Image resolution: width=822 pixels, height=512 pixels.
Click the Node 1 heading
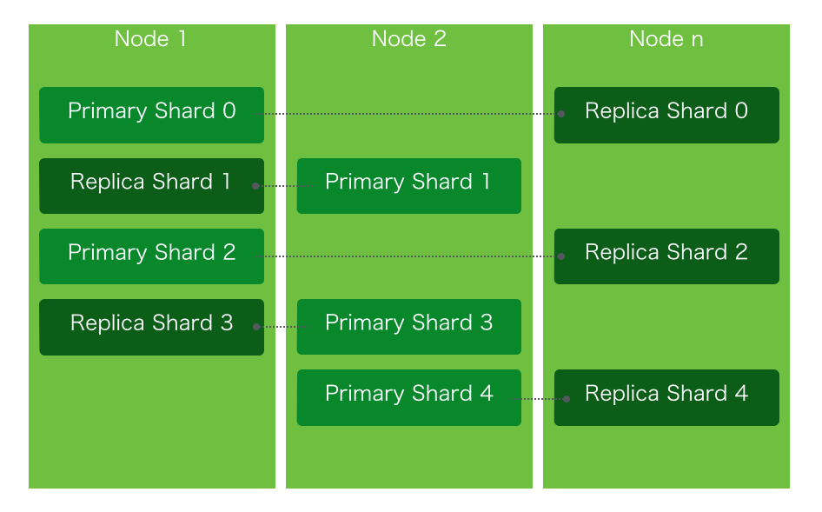pos(150,39)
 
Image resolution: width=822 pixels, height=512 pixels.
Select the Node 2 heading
pos(408,39)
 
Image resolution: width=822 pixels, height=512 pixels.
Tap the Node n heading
pos(666,39)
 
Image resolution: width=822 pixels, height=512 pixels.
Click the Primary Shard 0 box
pos(151,114)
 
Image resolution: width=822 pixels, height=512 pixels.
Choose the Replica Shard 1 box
pos(151,185)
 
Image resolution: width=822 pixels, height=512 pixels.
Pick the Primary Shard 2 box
pos(151,256)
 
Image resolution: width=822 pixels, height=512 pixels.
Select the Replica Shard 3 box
pos(151,326)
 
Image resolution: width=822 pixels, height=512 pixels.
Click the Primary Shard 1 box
pos(408,185)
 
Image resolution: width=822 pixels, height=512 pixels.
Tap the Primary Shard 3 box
pos(408,326)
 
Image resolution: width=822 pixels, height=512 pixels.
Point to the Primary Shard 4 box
pos(408,396)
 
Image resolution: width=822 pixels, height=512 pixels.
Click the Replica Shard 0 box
pos(666,114)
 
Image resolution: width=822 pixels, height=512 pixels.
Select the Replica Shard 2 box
pos(666,256)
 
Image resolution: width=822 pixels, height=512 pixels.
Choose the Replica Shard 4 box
pos(666,396)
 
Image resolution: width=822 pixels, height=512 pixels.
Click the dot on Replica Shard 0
pos(561,114)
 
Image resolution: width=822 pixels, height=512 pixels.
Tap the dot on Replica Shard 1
pos(255,185)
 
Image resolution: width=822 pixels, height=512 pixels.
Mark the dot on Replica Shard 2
pos(561,256)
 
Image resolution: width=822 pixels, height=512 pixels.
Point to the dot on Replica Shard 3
pos(255,326)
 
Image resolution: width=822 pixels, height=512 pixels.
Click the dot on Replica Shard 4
pos(567,399)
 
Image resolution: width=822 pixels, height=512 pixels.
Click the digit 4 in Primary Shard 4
pos(487,394)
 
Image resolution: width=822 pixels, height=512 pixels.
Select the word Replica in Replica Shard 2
pos(618,252)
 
